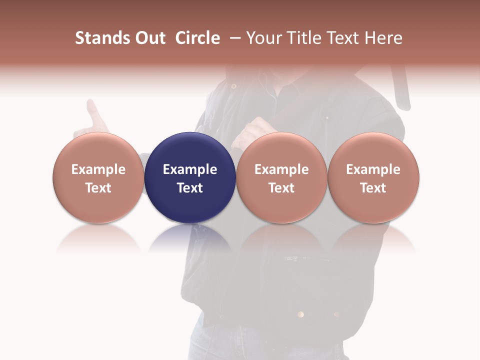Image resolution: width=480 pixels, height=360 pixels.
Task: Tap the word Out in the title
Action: point(149,38)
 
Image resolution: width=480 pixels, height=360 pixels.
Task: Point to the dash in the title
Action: point(233,38)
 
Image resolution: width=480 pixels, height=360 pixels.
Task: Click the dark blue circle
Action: point(190,150)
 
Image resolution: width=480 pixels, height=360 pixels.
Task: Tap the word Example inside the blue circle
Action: point(190,169)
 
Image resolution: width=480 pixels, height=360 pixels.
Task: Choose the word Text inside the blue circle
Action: point(190,188)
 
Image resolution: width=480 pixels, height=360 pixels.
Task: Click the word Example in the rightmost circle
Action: point(373,169)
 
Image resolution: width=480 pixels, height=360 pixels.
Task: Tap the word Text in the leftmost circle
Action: point(98,188)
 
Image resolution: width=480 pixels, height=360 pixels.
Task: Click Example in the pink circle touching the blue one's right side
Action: point(281,169)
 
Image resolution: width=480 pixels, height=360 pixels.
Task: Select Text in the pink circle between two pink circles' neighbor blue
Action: point(281,188)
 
